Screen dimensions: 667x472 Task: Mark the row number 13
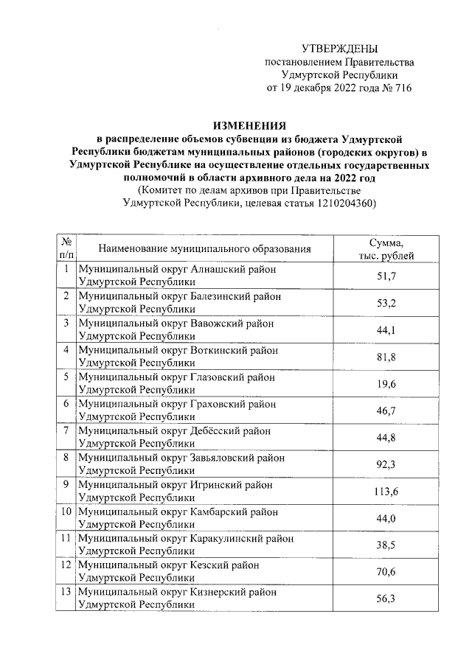click(66, 591)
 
